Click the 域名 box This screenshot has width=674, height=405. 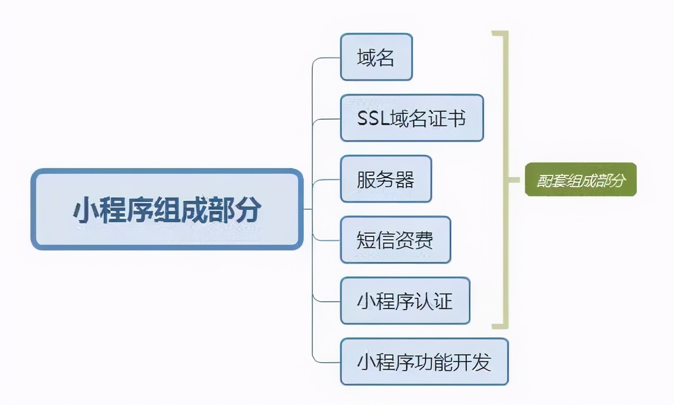[377, 57]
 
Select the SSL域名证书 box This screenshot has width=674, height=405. [412, 118]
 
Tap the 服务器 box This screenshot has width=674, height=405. [386, 179]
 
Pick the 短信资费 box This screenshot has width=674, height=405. [395, 240]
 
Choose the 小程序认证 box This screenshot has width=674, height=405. [405, 301]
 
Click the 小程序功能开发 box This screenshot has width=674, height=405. [424, 362]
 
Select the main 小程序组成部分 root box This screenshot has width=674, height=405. [167, 209]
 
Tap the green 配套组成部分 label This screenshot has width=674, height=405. [580, 179]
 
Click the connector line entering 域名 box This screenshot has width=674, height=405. [327, 58]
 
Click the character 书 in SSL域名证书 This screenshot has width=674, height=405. [457, 118]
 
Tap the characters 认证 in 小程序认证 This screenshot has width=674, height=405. [433, 301]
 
